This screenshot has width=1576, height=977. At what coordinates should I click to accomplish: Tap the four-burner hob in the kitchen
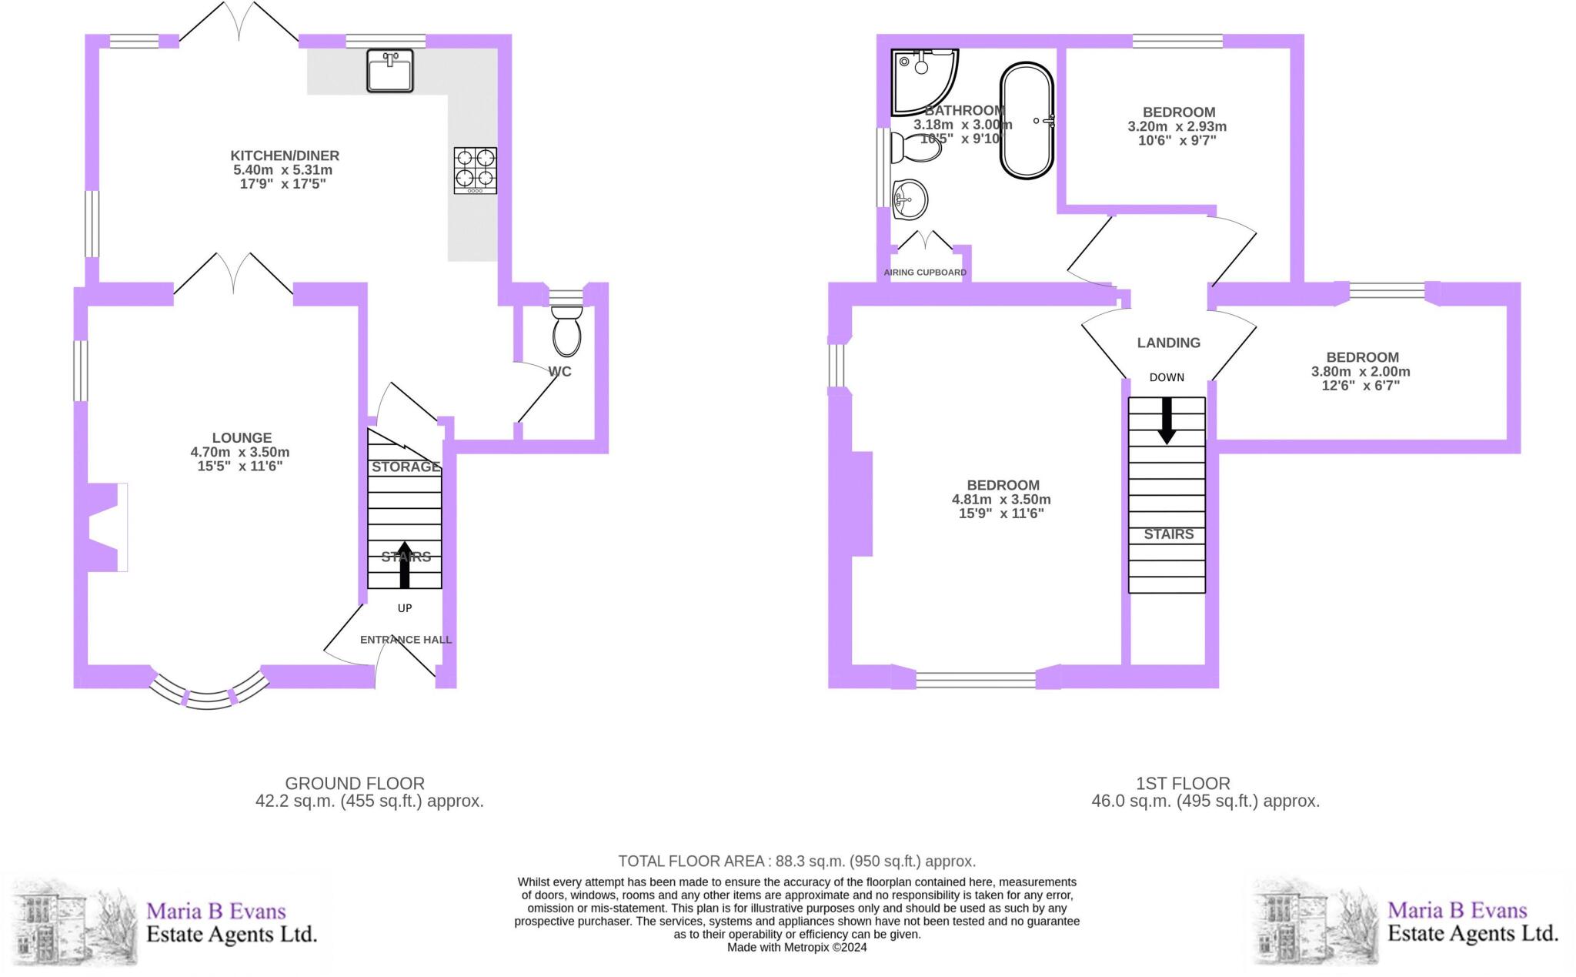(x=475, y=170)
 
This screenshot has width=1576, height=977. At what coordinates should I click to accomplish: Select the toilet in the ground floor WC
(x=567, y=331)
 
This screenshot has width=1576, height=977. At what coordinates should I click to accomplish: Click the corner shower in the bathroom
(x=923, y=81)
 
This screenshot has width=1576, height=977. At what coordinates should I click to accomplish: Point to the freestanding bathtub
(x=1027, y=122)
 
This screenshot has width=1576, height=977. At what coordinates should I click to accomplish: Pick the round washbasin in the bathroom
(x=910, y=200)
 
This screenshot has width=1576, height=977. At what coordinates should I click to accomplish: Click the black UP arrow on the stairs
(x=405, y=564)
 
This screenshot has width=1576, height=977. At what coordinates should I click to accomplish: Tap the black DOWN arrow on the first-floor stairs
(x=1167, y=420)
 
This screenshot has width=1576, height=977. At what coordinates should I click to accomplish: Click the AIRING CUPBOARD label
(x=925, y=273)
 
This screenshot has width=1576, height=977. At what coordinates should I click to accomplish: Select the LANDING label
(x=1168, y=343)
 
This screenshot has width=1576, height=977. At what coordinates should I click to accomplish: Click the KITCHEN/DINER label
(x=285, y=156)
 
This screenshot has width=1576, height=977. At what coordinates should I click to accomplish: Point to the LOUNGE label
(x=242, y=437)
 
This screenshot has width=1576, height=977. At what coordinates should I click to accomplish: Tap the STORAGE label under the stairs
(x=406, y=467)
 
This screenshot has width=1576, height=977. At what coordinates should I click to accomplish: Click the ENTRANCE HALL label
(x=406, y=640)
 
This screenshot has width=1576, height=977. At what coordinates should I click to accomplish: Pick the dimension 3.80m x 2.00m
(x=1361, y=371)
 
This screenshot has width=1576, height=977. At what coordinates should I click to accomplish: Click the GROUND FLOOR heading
(x=355, y=783)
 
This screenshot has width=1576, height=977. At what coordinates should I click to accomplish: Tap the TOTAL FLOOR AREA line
(x=796, y=861)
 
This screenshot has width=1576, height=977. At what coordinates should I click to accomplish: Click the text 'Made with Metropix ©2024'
(x=796, y=947)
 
